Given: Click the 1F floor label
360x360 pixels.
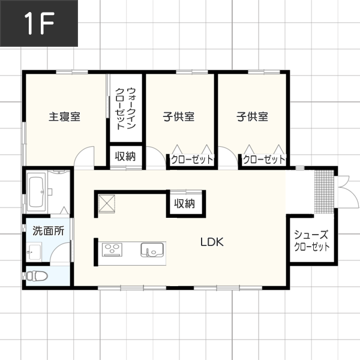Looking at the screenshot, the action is (39, 23).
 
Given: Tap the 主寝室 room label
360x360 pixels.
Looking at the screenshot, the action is (65, 116).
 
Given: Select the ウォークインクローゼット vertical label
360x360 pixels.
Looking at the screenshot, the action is (125, 109).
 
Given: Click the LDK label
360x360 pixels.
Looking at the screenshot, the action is (212, 242).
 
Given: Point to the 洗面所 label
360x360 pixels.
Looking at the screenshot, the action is (48, 230).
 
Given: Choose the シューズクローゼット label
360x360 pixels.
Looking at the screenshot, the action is (312, 241).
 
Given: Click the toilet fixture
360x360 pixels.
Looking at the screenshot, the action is (36, 276).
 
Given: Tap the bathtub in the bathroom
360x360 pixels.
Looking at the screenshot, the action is (36, 192).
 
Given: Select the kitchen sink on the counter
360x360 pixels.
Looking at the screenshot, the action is (152, 250).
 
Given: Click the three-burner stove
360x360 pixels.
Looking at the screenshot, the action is (112, 250).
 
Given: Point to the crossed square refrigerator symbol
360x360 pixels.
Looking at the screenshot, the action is (107, 203).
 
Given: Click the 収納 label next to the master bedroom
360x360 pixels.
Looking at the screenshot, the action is (125, 157).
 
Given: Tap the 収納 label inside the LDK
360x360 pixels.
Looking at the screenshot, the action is (185, 203).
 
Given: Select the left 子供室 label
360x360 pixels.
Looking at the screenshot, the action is (179, 116).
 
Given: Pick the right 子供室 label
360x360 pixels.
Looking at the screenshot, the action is (253, 116).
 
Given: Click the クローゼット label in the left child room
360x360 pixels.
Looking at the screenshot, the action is (192, 160).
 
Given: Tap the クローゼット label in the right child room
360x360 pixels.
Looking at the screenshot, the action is (264, 160).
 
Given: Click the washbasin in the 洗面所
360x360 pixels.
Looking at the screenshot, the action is (34, 253).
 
